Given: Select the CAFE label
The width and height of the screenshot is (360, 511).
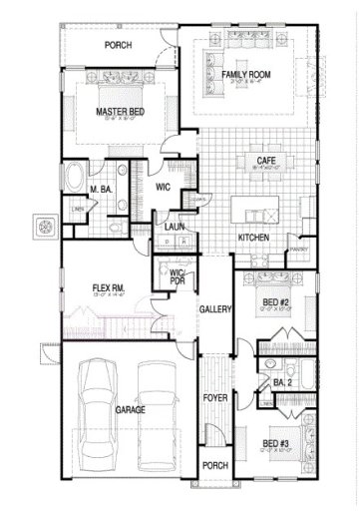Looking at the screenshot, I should pos(265,161).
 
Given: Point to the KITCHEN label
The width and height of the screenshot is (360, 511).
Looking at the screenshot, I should pos(252,237).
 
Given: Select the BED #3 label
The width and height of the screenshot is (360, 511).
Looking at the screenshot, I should pos(274,442).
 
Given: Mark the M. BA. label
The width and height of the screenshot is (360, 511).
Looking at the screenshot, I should pos(99,189).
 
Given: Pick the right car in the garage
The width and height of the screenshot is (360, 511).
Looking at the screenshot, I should pos(157,417).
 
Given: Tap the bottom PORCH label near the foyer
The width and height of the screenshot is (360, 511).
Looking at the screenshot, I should pos(214,465).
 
